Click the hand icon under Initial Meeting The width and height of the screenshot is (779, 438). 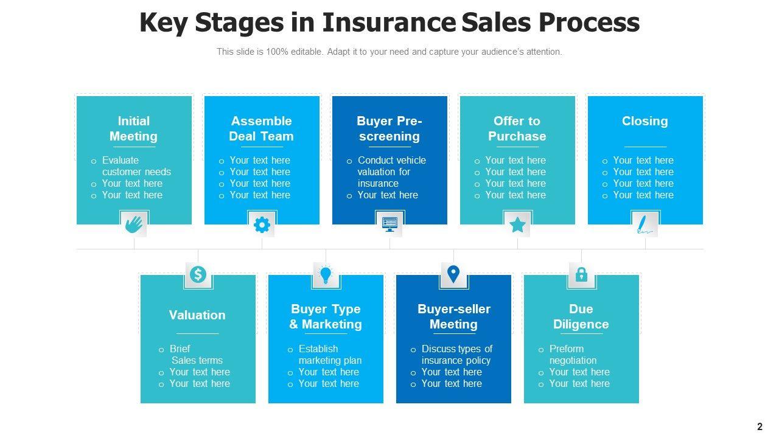pos(134,224)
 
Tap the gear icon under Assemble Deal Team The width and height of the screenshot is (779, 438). pos(262,224)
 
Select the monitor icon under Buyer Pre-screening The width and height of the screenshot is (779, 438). pos(389,224)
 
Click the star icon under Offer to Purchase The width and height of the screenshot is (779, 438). pos(517,224)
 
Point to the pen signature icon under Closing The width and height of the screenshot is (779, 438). pos(645,224)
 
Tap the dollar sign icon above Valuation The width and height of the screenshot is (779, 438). pos(198,274)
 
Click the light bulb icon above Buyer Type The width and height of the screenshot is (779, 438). pos(326,275)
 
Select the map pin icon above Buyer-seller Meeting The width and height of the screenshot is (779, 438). pos(453,274)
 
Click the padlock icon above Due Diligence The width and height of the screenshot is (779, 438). pos(581,274)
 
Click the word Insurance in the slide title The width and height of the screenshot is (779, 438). pos(388,23)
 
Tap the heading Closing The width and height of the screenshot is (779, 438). pos(645,121)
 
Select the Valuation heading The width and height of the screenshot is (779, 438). pos(197,315)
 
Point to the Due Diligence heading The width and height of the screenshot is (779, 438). pos(581,316)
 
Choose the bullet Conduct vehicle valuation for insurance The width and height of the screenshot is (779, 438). pos(391,172)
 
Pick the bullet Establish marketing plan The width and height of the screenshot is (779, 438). pos(329,355)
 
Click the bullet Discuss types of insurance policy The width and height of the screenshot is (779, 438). pos(456,355)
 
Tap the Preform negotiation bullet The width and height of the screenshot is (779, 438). pos(572,355)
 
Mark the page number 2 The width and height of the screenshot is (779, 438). pos(760,426)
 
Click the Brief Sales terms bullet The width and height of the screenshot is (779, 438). pos(195,355)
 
